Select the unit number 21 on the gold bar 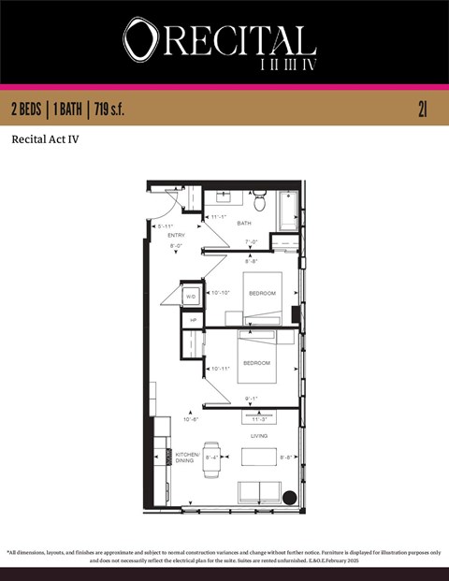[423, 109]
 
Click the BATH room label [243, 223]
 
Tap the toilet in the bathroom [259, 200]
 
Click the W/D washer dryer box [191, 296]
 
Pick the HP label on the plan [193, 320]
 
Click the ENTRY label [176, 235]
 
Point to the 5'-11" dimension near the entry [166, 225]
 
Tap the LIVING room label [259, 436]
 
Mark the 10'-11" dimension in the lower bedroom [221, 369]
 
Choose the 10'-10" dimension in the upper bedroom [221, 293]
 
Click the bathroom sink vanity [224, 196]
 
